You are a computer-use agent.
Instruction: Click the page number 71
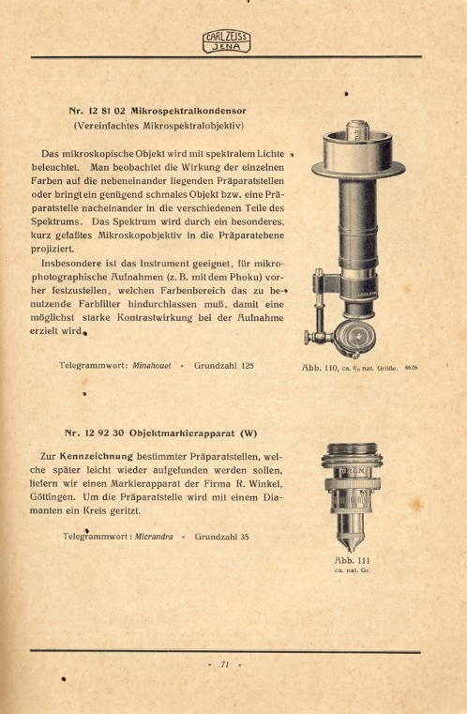point(225,664)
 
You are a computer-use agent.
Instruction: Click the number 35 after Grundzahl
point(243,538)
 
